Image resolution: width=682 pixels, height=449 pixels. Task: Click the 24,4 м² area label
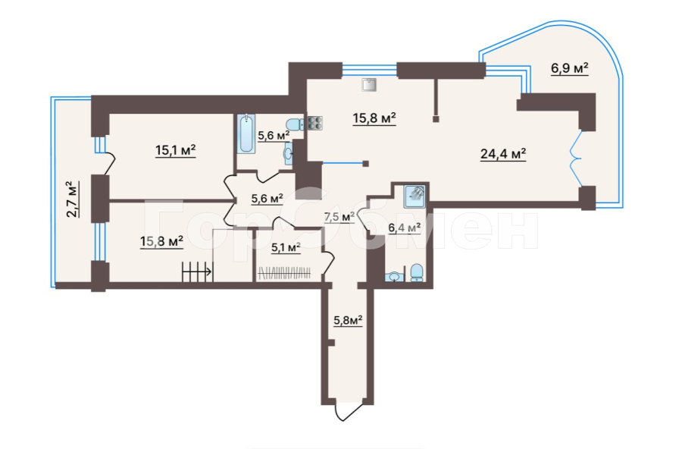click(503, 154)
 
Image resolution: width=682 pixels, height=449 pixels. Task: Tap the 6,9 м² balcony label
click(570, 69)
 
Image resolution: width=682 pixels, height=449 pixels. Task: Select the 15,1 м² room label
click(176, 150)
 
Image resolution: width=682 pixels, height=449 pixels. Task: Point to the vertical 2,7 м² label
click(70, 199)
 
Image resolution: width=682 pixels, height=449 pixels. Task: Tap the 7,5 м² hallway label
click(339, 217)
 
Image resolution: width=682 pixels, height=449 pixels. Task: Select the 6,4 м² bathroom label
click(405, 228)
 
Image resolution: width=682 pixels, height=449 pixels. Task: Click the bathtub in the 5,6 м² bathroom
click(246, 133)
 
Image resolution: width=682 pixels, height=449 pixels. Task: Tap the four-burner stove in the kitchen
click(314, 124)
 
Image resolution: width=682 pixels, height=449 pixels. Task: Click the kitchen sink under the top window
click(369, 84)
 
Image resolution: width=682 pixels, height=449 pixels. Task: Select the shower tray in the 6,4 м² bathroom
click(415, 195)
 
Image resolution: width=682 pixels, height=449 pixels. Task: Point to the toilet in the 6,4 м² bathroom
click(416, 273)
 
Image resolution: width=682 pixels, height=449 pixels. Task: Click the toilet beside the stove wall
click(293, 125)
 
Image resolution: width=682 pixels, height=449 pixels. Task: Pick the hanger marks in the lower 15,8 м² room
click(196, 271)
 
